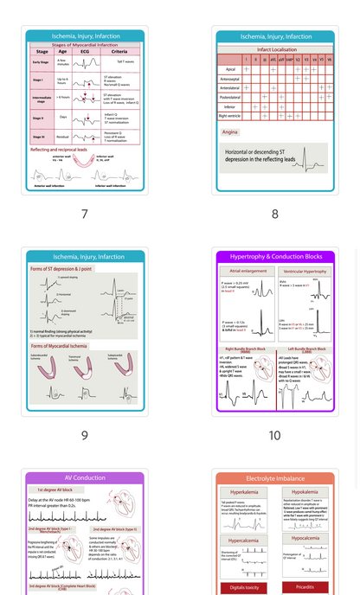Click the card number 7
coord(84,214)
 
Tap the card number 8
coord(275,214)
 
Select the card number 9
coord(84,435)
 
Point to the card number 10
coord(275,435)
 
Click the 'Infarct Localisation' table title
coord(275,50)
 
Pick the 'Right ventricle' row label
coord(230,114)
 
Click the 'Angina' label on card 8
coord(230,132)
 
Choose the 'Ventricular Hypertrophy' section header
coord(305,271)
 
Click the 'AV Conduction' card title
coord(84,477)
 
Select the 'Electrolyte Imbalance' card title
coord(275,477)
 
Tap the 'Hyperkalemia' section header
coord(246,491)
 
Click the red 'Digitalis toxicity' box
coord(246,587)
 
